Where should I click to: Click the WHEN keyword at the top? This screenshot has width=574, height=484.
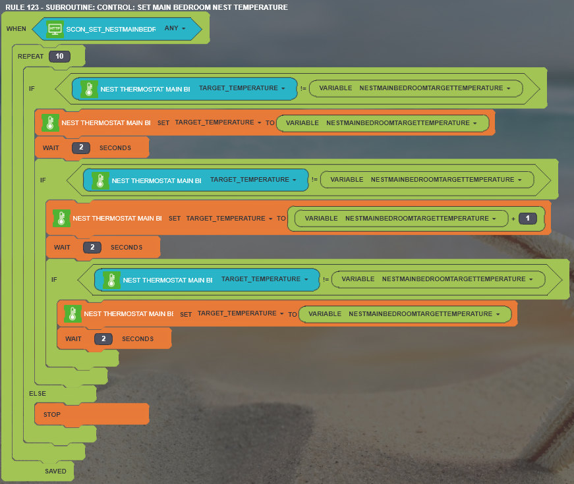click(x=16, y=29)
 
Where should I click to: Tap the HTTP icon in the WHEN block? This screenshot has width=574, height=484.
click(x=55, y=29)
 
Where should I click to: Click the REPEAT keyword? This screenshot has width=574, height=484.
click(x=31, y=57)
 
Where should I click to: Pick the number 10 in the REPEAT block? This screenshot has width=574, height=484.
click(x=59, y=57)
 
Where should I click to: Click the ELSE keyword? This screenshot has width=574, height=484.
click(x=38, y=394)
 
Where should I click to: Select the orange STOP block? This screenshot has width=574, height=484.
click(x=52, y=415)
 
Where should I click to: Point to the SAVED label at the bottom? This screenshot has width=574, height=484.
click(x=55, y=471)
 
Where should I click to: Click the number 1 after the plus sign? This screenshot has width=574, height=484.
click(x=528, y=219)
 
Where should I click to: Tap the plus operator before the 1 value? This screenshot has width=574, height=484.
click(x=513, y=219)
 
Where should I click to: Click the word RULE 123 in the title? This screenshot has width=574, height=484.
click(x=23, y=7)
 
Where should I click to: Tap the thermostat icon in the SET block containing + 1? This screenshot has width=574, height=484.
click(x=61, y=219)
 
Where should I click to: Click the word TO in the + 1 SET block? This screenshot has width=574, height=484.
click(x=281, y=219)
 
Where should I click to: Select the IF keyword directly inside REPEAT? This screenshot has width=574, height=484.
click(x=32, y=88)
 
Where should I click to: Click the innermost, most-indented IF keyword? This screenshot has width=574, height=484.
click(x=55, y=280)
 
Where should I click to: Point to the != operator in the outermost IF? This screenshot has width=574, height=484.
click(x=302, y=88)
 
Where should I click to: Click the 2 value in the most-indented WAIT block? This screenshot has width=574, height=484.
click(x=103, y=339)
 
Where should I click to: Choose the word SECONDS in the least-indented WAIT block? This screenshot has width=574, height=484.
click(x=115, y=148)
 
